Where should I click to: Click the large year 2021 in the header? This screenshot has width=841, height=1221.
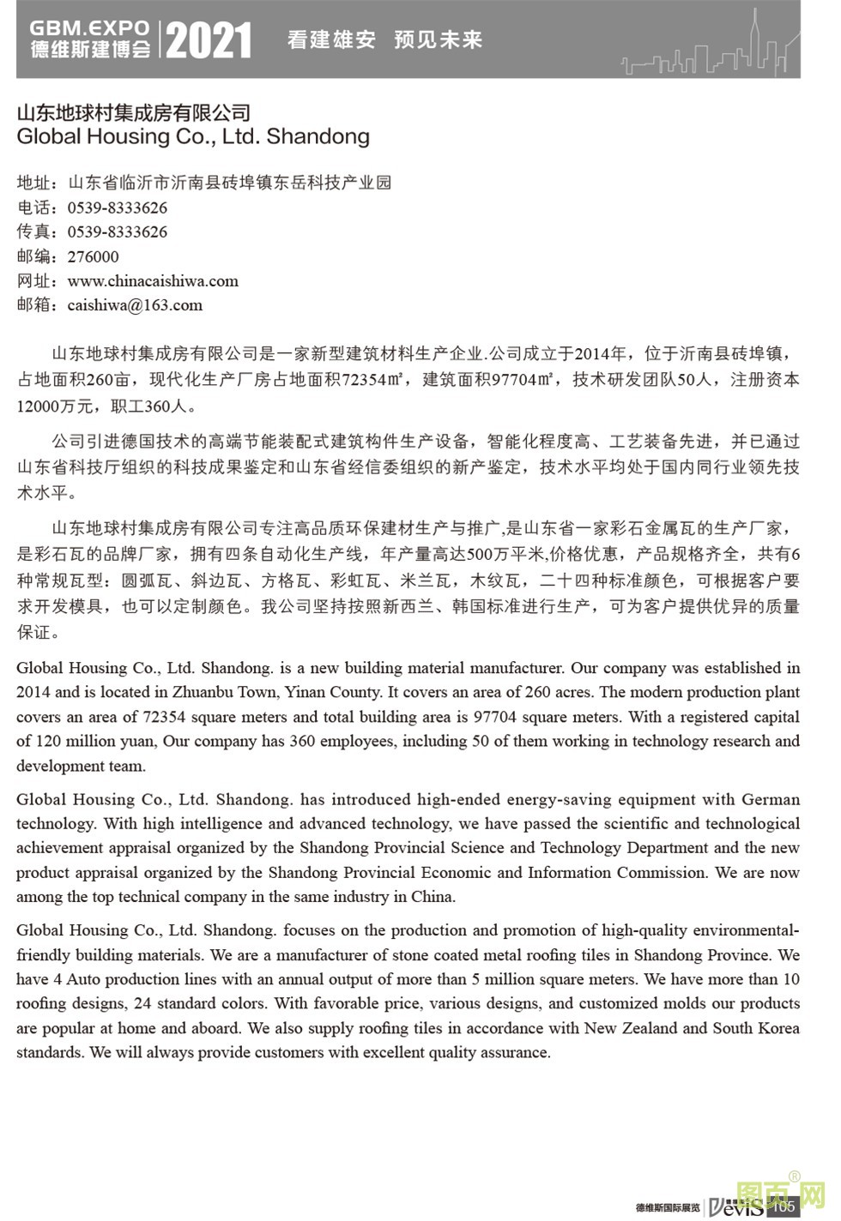208,40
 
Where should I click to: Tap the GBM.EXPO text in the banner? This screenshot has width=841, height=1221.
89,28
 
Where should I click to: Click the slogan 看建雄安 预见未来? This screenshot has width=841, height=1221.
384,39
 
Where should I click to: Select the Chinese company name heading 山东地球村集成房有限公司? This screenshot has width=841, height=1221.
134,112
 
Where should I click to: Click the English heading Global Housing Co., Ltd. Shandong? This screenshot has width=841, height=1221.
193,136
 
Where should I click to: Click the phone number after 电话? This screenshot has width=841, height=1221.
118,208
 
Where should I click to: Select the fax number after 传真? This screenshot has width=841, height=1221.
118,232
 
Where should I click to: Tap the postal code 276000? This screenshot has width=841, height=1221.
94,256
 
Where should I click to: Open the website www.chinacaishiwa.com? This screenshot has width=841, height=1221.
153,280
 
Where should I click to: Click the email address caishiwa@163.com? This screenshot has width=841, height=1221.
135,304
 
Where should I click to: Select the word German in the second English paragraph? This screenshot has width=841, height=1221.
771,799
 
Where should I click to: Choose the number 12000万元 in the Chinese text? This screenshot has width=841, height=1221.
51,406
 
